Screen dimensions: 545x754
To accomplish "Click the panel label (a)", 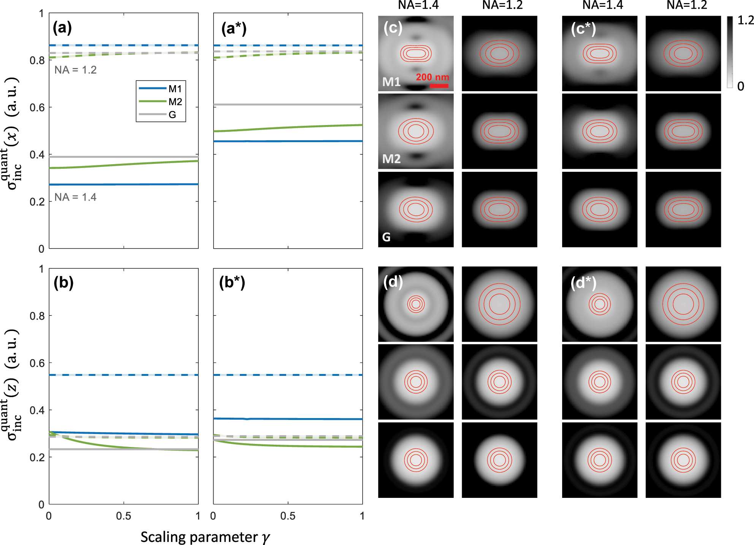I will coord(62,28).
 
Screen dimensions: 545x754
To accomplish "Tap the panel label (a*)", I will coord(234,29).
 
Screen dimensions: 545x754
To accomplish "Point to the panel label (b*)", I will coord(232,282).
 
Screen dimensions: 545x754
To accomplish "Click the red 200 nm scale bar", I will coord(439,86).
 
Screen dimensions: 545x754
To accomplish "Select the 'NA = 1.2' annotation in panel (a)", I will coord(75,70).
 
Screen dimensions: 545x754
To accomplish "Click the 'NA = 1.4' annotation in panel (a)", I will coord(75,197).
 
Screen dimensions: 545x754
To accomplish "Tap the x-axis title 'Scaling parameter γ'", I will coord(205,537).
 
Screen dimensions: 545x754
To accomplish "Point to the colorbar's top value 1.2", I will coord(745,21).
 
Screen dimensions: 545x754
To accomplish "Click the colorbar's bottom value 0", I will coord(741,87).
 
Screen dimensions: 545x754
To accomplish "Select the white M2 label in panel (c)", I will coord(391,159).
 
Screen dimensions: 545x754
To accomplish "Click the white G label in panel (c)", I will coord(387,237).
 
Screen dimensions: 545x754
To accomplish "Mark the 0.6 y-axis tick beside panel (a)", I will coord(37,108).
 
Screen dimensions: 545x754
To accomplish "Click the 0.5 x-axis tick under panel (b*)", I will coord(288,516).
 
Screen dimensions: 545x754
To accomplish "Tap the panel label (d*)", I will coord(583,283).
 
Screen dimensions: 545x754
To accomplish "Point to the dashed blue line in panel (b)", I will coord(124,375).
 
